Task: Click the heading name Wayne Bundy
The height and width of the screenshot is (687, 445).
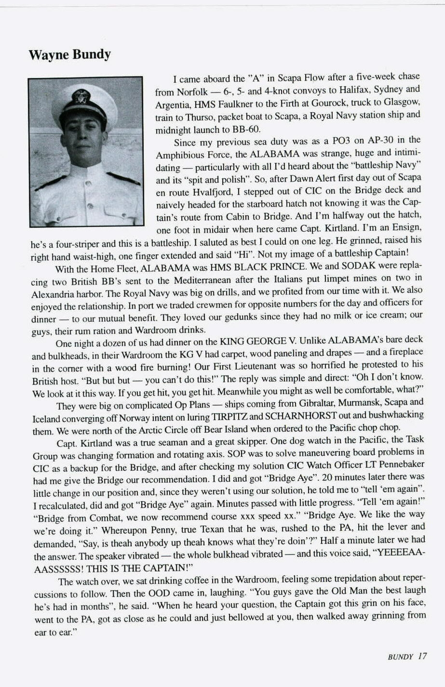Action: (x=70, y=54)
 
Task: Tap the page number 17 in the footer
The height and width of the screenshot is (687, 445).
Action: (x=422, y=656)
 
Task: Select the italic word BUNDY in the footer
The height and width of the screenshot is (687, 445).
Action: (x=400, y=657)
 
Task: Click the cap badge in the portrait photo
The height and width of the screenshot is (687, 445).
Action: (x=81, y=96)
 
